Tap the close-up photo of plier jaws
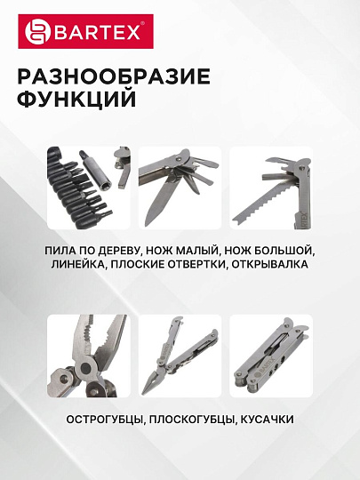88,355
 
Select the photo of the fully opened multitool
180,355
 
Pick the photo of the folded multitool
271,355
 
